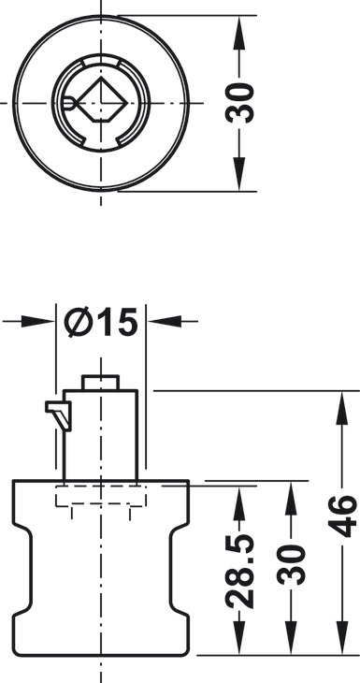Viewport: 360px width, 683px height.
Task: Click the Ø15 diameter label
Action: tap(101, 323)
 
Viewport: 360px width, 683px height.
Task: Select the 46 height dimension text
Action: tap(342, 516)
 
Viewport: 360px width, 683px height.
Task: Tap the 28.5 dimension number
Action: tap(240, 571)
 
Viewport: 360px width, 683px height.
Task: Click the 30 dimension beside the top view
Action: tap(240, 103)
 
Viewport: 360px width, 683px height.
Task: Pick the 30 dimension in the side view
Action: tap(291, 564)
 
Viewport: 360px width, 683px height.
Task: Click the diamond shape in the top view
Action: tap(103, 100)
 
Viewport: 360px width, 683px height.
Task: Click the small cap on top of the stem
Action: tap(101, 382)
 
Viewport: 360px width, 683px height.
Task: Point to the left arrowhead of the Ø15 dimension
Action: tap(38, 322)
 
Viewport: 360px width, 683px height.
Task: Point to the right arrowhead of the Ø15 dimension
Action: tap(165, 322)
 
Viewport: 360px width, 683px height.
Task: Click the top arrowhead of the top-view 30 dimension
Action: tap(239, 33)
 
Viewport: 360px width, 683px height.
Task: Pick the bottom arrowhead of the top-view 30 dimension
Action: tap(239, 174)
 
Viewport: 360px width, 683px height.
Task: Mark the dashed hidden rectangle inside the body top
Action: tap(101, 496)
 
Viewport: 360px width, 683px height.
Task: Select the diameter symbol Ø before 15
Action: tap(78, 323)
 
